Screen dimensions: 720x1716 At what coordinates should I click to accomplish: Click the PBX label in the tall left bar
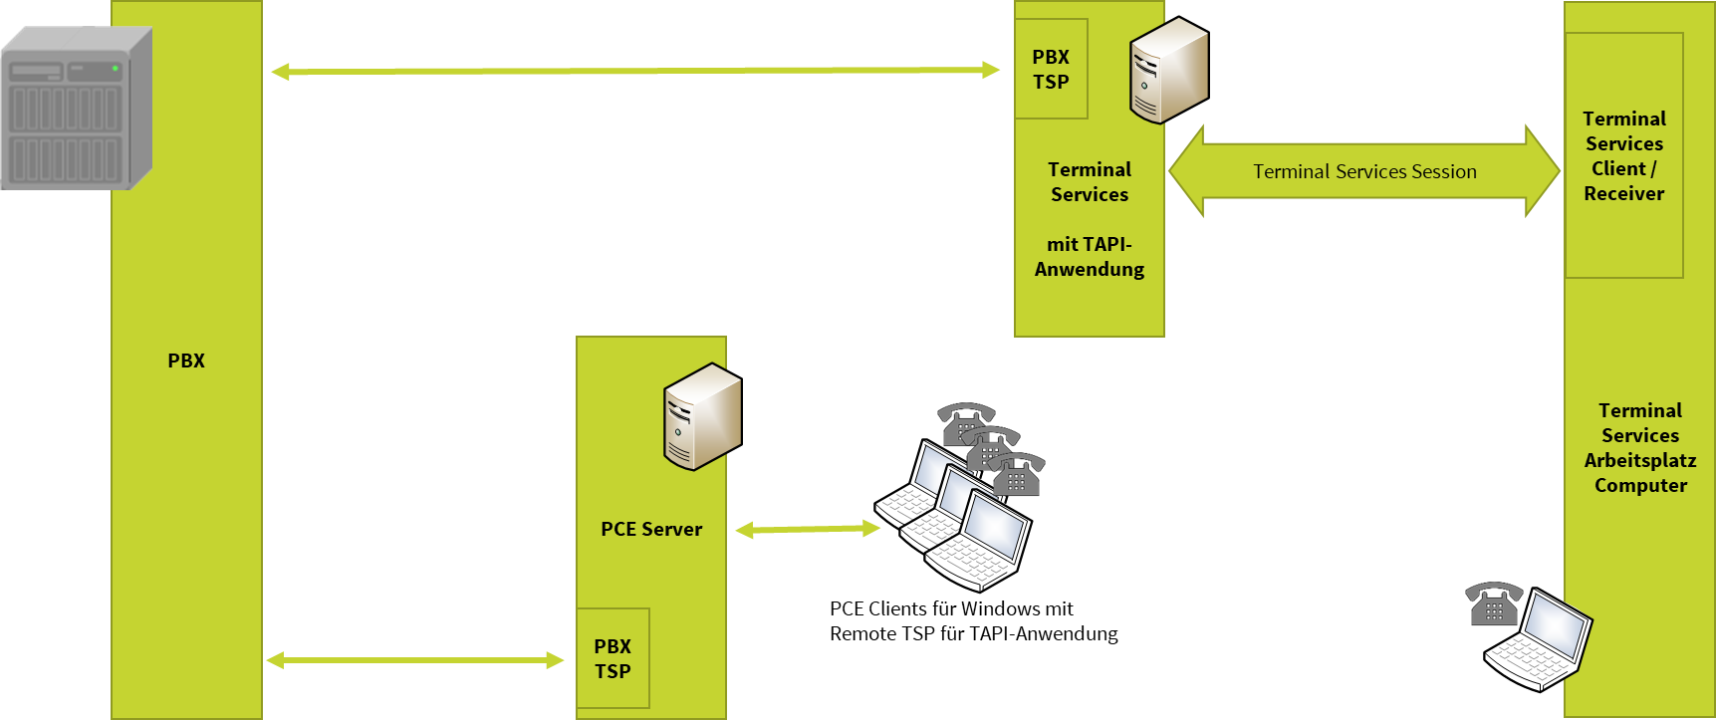(x=186, y=361)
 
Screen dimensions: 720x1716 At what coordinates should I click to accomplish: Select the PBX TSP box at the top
(x=1051, y=70)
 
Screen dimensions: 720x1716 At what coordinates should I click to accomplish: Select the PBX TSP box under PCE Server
(x=613, y=659)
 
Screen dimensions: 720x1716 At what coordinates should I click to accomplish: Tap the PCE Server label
(x=651, y=530)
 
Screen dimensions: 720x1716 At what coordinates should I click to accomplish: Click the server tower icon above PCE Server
(x=702, y=416)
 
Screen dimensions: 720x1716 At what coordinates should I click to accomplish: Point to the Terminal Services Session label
(x=1364, y=172)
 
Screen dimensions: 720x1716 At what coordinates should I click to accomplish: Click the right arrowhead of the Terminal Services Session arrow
(x=1543, y=171)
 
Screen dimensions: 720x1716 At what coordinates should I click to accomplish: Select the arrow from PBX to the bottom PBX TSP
(x=414, y=660)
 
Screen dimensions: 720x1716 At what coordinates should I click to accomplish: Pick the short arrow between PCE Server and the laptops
(x=808, y=530)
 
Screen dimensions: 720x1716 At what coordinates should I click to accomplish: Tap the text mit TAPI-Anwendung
(x=1090, y=257)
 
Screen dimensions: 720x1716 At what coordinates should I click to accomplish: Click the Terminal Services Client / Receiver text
(x=1624, y=156)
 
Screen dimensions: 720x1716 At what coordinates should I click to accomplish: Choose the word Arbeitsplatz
(x=1640, y=461)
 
